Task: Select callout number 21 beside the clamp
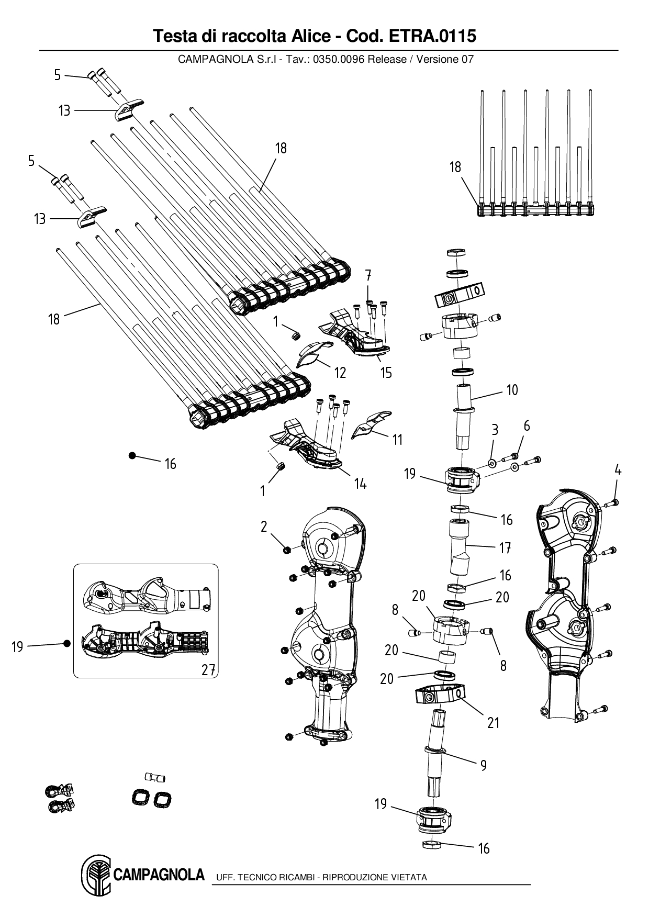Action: [x=493, y=723]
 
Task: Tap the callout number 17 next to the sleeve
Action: [x=505, y=548]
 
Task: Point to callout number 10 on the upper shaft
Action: [x=512, y=390]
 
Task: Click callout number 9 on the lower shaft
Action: [x=483, y=765]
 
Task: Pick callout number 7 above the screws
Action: [x=368, y=274]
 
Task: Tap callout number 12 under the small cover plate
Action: [x=340, y=373]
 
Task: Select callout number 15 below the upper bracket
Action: [x=386, y=373]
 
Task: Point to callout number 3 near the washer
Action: [x=495, y=430]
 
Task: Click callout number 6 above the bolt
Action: [x=527, y=426]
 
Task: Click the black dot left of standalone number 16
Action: [x=132, y=456]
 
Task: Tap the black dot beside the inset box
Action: [x=67, y=643]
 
